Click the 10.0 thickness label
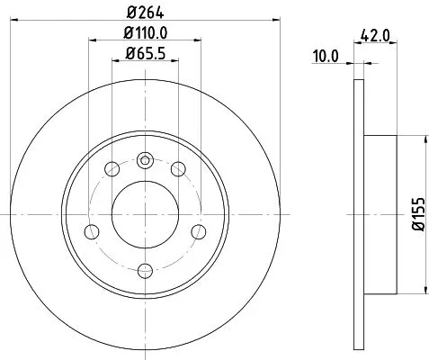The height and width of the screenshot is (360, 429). click(x=326, y=55)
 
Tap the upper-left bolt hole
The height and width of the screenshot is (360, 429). click(x=112, y=168)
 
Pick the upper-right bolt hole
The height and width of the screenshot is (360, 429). click(x=178, y=168)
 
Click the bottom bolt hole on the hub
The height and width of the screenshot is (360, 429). click(x=145, y=267)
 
